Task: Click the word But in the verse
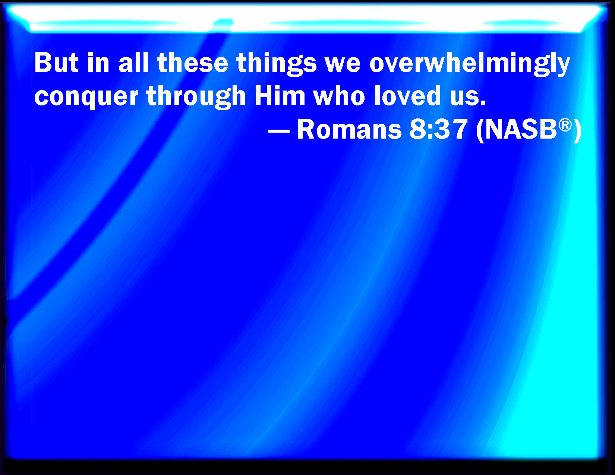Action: click(56, 63)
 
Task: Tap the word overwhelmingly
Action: click(470, 65)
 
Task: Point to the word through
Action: click(196, 97)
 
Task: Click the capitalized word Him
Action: click(280, 96)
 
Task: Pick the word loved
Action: click(407, 96)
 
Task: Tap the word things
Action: click(277, 65)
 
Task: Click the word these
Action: click(192, 63)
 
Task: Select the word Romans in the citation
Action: click(349, 130)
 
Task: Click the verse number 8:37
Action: click(438, 130)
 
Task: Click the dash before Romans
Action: click(279, 131)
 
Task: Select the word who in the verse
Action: click(339, 96)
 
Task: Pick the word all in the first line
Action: click(133, 63)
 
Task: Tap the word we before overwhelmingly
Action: click(343, 65)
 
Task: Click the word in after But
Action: click(98, 63)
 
